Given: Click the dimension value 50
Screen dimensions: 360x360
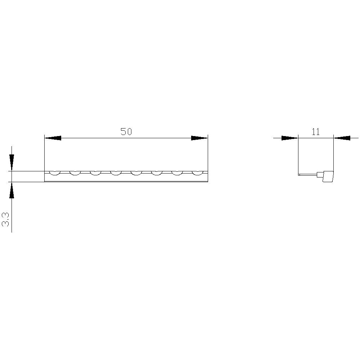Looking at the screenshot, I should click(x=126, y=132).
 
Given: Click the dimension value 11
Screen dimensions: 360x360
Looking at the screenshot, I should click(x=316, y=132).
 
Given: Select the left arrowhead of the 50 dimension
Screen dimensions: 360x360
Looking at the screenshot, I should click(x=53, y=138).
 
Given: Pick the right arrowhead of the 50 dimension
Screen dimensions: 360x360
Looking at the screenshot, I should click(x=199, y=138).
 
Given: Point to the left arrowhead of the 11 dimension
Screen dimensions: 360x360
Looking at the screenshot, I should click(x=290, y=138).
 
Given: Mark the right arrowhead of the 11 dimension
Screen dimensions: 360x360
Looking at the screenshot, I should click(x=342, y=138).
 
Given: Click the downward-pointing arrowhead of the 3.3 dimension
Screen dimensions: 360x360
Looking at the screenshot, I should click(x=12, y=162).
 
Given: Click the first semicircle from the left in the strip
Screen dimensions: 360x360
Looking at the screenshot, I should click(x=55, y=173).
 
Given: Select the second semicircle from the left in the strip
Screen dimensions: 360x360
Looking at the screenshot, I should click(x=75, y=173).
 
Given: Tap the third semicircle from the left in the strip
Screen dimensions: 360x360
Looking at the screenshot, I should click(x=95, y=173).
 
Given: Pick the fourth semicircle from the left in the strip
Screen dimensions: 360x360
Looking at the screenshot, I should click(x=116, y=173).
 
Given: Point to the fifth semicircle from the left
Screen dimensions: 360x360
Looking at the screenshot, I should click(x=136, y=173).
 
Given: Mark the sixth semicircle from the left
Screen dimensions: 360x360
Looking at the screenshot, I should click(x=156, y=173).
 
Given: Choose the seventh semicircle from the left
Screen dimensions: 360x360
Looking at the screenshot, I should click(x=177, y=173).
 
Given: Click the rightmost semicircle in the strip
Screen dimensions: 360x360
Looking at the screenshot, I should click(x=197, y=173).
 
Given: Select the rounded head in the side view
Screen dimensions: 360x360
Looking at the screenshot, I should click(x=328, y=176).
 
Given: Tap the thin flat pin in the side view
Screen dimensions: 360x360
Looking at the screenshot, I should click(x=307, y=175).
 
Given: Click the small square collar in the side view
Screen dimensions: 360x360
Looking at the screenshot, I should click(x=319, y=175).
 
